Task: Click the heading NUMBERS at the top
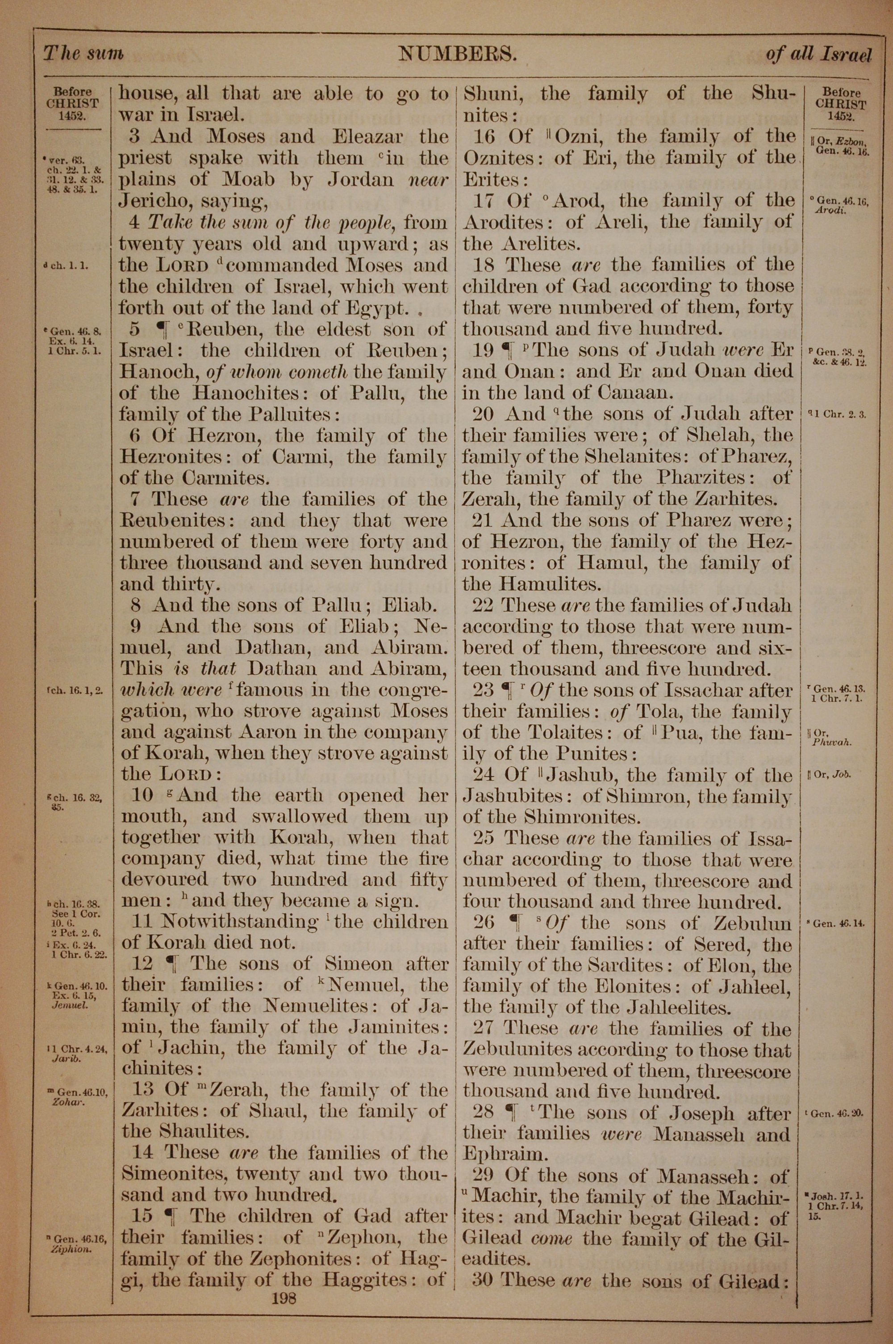click(x=457, y=54)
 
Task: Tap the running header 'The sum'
click(x=83, y=54)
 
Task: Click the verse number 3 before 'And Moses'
click(x=134, y=137)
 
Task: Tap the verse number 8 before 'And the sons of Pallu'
click(x=136, y=605)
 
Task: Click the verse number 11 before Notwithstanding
click(x=142, y=921)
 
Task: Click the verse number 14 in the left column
click(x=142, y=1153)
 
